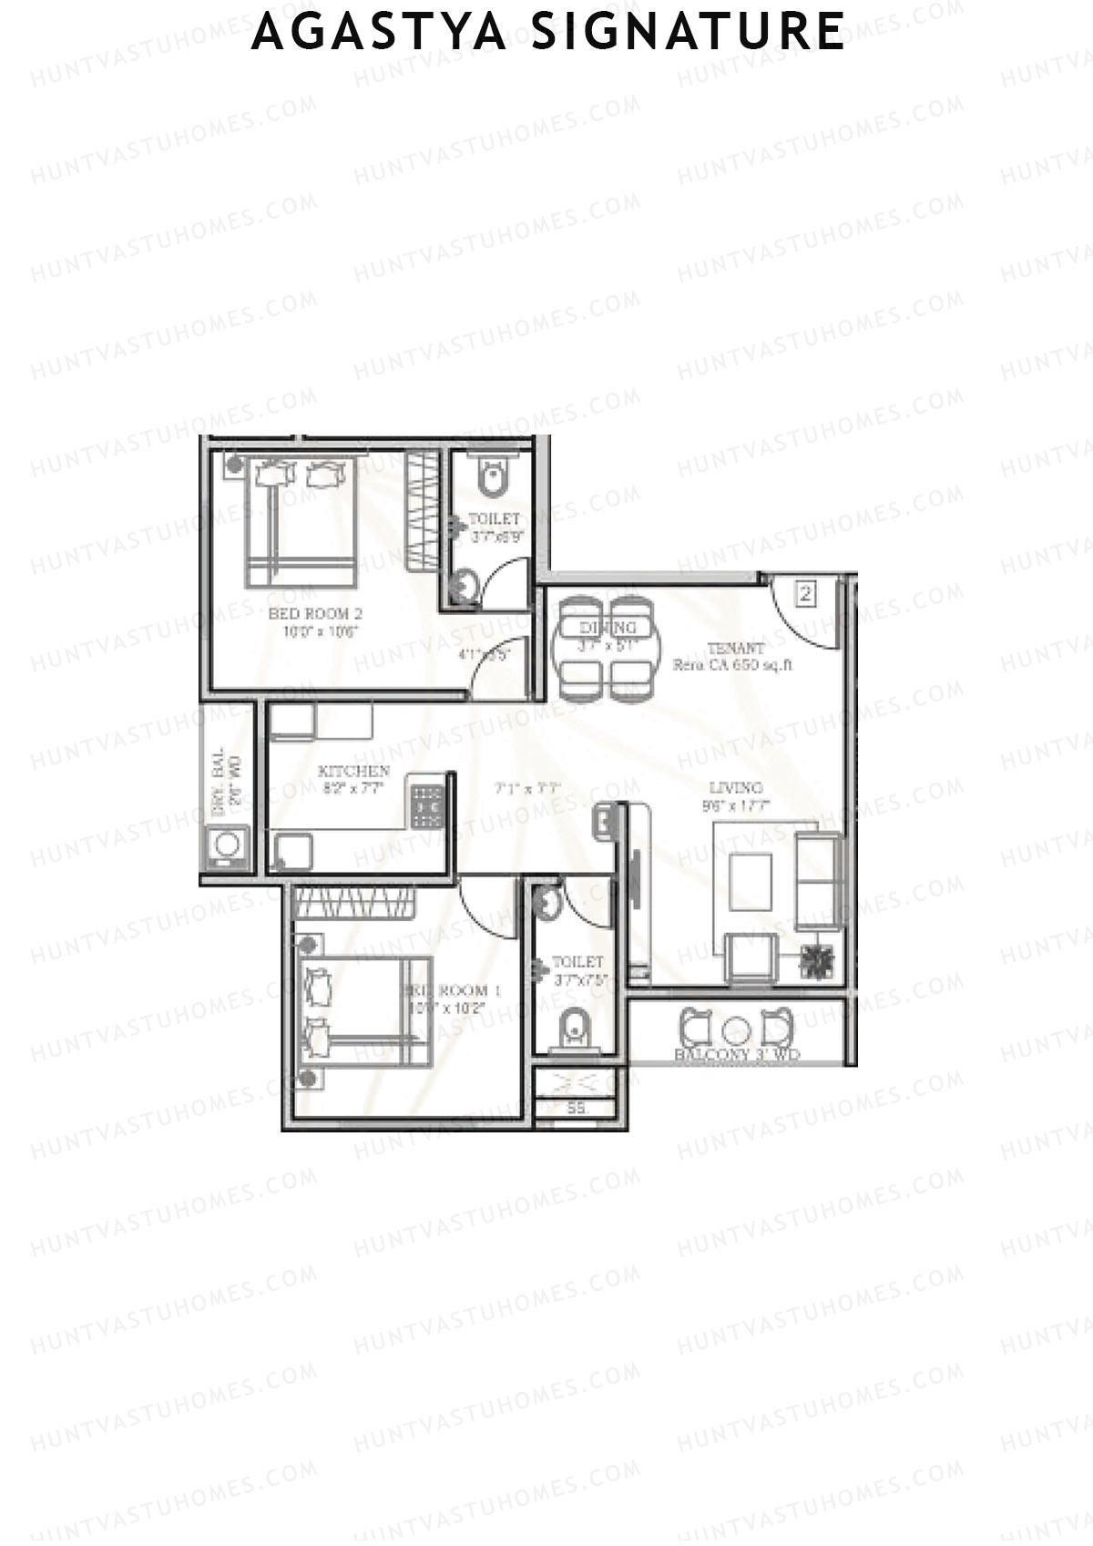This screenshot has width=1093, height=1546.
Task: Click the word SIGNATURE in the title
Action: [x=689, y=32]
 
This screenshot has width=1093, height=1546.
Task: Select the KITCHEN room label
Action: [x=354, y=772]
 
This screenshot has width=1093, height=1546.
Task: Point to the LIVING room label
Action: [x=736, y=788]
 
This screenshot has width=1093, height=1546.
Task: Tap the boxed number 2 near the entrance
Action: [x=805, y=595]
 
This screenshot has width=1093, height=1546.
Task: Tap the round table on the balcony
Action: [x=737, y=1030]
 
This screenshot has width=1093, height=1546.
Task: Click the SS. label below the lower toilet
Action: [x=577, y=1109]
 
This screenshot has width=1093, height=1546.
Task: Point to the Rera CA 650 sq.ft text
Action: [x=732, y=665]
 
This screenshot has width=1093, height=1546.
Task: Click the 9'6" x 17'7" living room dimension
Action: [x=736, y=805]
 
